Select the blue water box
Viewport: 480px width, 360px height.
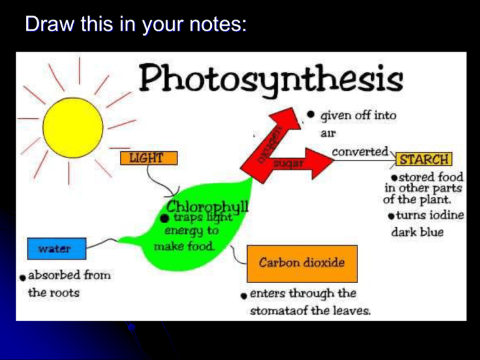(55, 249)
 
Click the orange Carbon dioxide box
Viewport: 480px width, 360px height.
(302, 263)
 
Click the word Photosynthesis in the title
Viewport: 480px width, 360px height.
(270, 81)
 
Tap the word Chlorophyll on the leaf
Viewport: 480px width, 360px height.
(208, 206)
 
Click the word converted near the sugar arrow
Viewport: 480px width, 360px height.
(359, 152)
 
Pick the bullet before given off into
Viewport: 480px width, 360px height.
(311, 114)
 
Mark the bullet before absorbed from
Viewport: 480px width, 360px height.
(22, 276)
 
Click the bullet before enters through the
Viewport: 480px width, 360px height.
(242, 294)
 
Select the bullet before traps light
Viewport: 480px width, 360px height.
(163, 218)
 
